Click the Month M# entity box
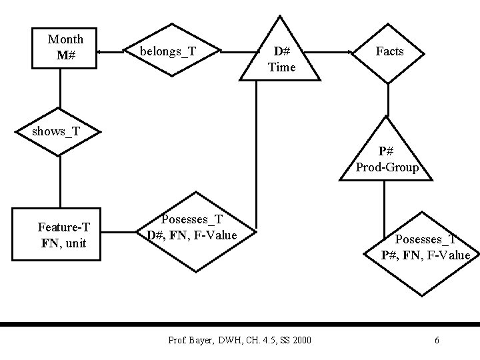click(x=65, y=49)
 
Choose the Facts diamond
click(x=389, y=51)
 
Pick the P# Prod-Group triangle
click(x=387, y=157)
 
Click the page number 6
click(x=437, y=341)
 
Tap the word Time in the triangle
click(x=281, y=67)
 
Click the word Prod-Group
click(x=387, y=167)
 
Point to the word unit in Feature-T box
click(x=76, y=243)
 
